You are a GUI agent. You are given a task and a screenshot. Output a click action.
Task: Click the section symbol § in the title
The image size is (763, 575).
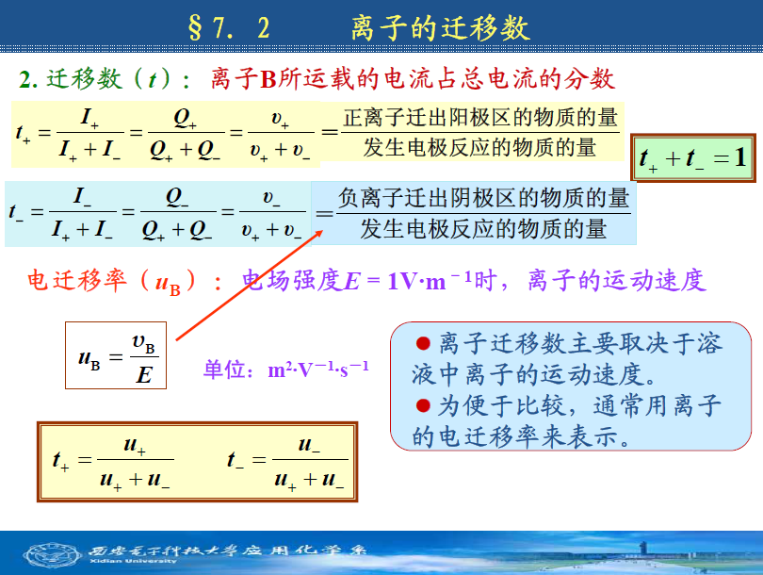(195, 27)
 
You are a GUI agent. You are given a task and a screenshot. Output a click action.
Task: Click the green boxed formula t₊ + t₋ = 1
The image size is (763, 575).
(693, 157)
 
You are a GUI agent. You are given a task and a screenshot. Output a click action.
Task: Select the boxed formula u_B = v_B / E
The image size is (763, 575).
(116, 355)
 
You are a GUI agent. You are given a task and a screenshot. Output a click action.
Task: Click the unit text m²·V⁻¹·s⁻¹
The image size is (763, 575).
(318, 370)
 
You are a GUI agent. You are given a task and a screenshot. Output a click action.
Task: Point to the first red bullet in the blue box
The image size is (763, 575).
(423, 344)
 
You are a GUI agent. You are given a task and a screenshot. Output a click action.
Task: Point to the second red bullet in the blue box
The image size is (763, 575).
(423, 405)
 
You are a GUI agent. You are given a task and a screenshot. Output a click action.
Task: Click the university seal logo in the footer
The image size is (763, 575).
(53, 555)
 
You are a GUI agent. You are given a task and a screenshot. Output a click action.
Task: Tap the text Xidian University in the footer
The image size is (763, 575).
(133, 562)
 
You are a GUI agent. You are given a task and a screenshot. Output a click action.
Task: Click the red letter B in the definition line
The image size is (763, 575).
(268, 79)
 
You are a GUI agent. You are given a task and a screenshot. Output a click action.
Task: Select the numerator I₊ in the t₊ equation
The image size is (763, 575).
(89, 119)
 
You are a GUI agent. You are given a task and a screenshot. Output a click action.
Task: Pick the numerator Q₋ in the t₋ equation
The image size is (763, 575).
(177, 198)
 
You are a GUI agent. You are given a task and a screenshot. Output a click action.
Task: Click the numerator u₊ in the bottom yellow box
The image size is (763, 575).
(135, 445)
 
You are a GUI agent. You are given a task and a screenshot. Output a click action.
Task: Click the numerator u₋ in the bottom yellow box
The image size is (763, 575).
(310, 445)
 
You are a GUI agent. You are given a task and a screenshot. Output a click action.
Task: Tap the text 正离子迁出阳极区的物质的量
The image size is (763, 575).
(480, 118)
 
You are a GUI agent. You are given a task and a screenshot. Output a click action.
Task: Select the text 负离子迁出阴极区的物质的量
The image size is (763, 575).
(483, 198)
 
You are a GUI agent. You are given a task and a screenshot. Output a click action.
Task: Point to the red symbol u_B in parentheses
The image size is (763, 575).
(168, 284)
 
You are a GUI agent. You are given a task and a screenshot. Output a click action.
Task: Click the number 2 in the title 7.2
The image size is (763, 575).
(263, 28)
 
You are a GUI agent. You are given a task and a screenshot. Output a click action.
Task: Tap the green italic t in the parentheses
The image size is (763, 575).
(153, 79)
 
